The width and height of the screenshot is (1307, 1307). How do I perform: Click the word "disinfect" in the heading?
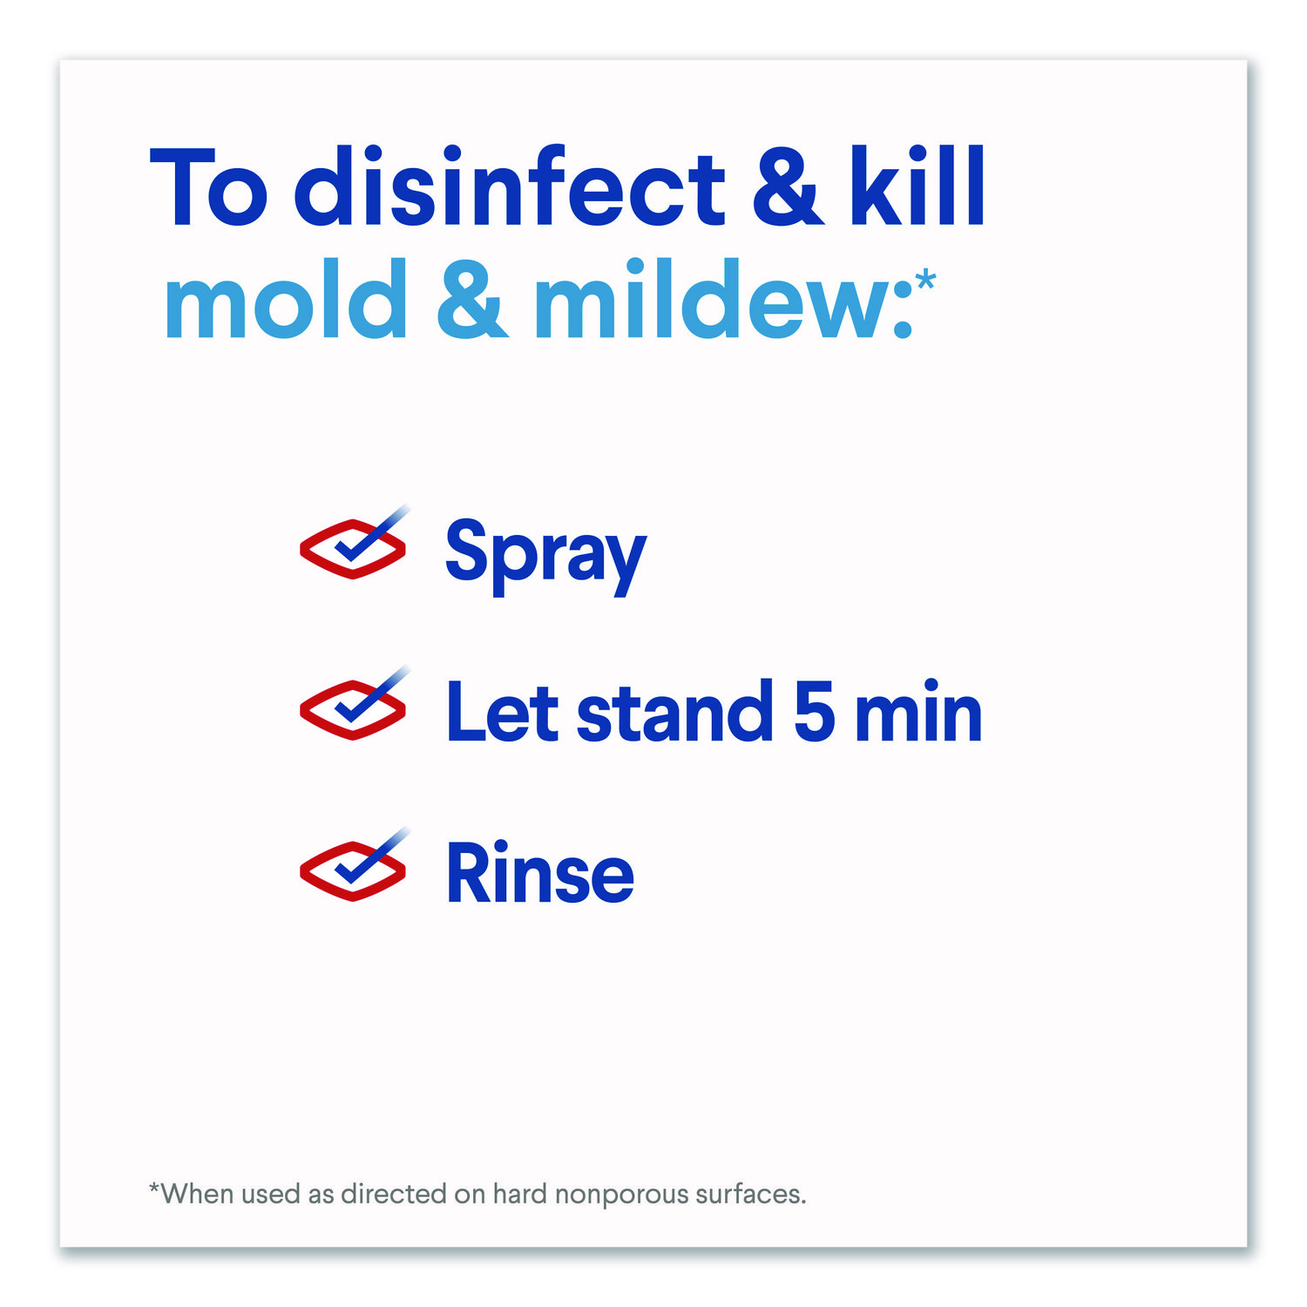[510, 186]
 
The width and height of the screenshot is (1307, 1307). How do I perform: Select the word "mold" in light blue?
[286, 298]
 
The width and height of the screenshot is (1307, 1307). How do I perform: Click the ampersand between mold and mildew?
[471, 300]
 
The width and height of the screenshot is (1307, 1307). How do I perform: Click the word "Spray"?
[545, 555]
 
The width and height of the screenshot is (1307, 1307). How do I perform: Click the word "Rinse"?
[540, 873]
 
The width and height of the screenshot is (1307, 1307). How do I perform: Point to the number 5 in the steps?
[815, 711]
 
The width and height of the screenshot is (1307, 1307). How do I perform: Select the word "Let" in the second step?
[502, 712]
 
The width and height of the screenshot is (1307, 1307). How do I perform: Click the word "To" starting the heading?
[209, 188]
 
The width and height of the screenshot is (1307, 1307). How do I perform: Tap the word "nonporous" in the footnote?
[620, 1195]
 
